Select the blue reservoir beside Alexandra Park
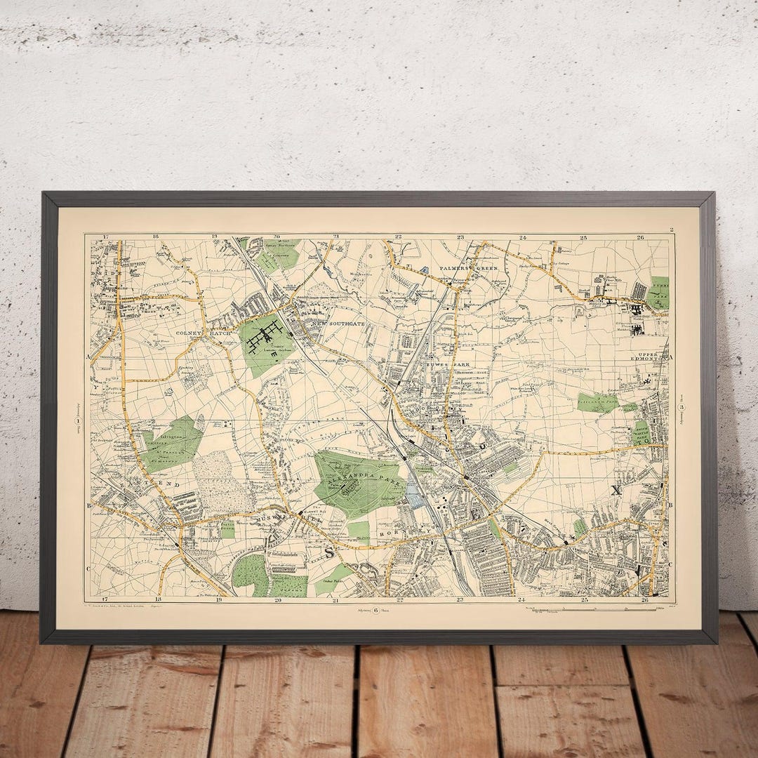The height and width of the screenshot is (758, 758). coord(414,496)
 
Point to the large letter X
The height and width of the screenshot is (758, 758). coord(616,491)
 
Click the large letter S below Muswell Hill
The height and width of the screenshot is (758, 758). coord(329,552)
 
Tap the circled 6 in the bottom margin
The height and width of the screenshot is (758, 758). coord(376,610)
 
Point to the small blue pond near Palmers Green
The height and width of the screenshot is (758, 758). coord(425,270)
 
